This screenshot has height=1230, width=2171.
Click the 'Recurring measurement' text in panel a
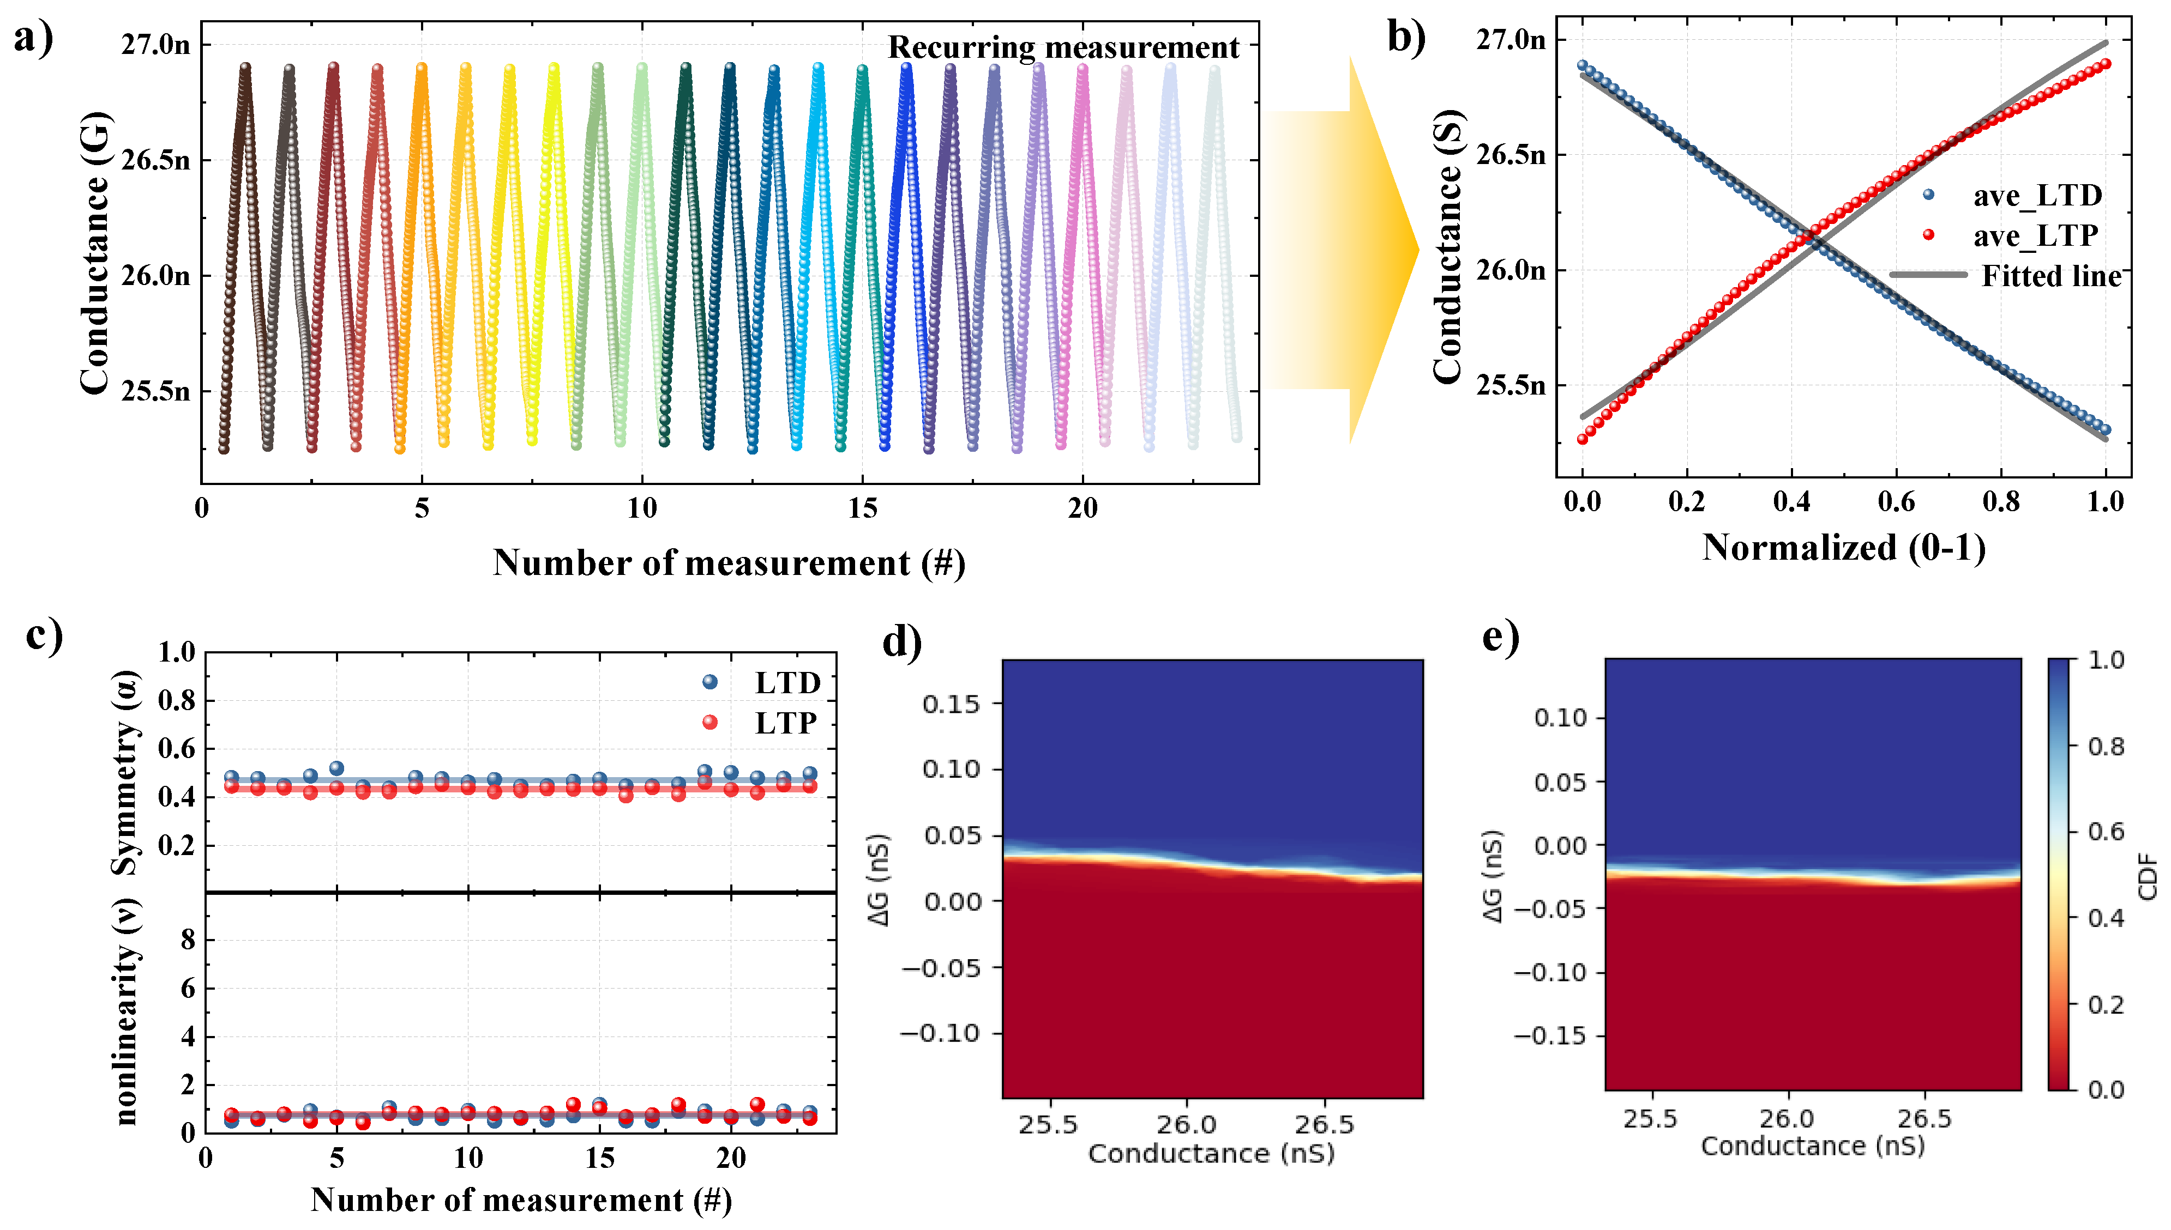(1063, 47)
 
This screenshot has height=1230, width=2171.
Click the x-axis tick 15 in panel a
(862, 508)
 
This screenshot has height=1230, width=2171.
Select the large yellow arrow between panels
(1344, 250)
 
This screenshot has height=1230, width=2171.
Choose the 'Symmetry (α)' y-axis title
(126, 773)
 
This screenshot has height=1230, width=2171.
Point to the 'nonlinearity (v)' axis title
(126, 1012)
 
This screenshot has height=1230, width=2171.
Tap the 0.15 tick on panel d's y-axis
(950, 704)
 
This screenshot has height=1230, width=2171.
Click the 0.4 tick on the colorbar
(2106, 917)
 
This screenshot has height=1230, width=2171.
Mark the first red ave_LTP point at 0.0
(1582, 439)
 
